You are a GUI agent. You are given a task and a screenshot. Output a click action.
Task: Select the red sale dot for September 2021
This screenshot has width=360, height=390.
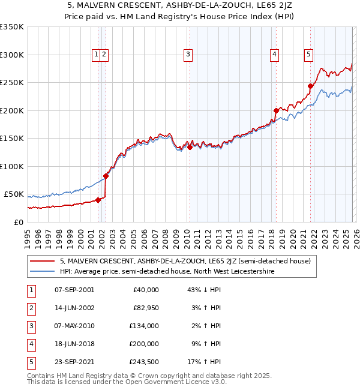[311, 86]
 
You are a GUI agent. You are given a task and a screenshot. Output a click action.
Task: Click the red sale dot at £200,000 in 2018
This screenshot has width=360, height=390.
[276, 110]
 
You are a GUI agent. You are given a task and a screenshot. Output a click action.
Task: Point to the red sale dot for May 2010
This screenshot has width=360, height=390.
[190, 147]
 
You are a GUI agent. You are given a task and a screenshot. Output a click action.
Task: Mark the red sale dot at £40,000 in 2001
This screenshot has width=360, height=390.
[98, 200]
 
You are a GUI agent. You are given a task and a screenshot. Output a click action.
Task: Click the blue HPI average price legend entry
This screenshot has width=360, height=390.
[167, 271]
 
